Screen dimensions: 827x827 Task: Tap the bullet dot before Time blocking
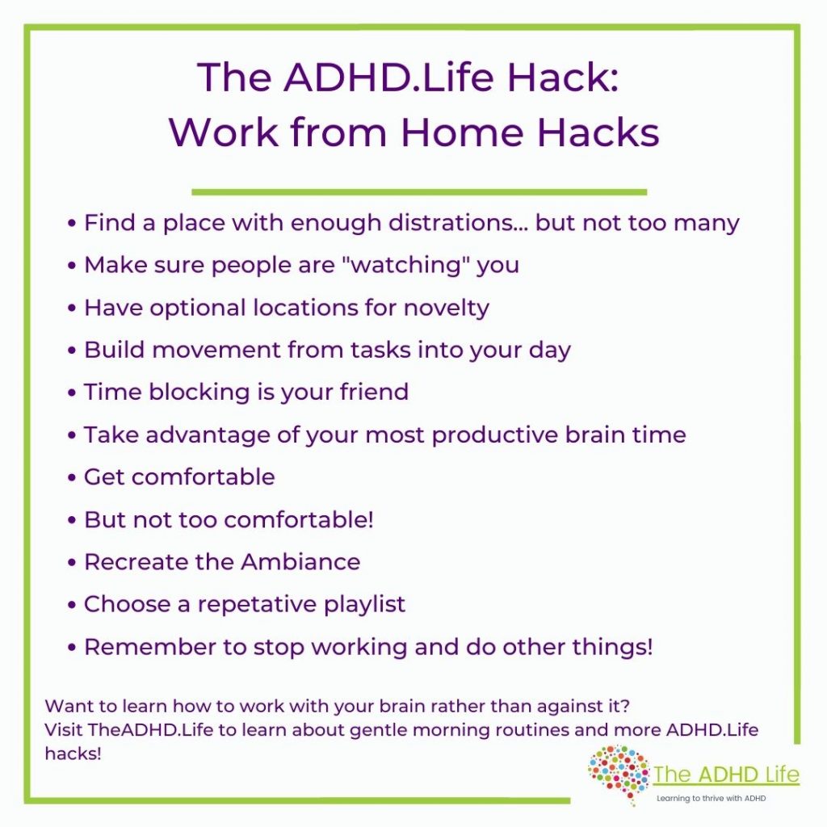click(x=73, y=393)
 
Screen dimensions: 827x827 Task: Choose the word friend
click(x=372, y=393)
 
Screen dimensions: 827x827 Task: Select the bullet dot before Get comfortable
click(x=73, y=477)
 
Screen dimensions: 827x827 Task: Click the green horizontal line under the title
click(x=419, y=192)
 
